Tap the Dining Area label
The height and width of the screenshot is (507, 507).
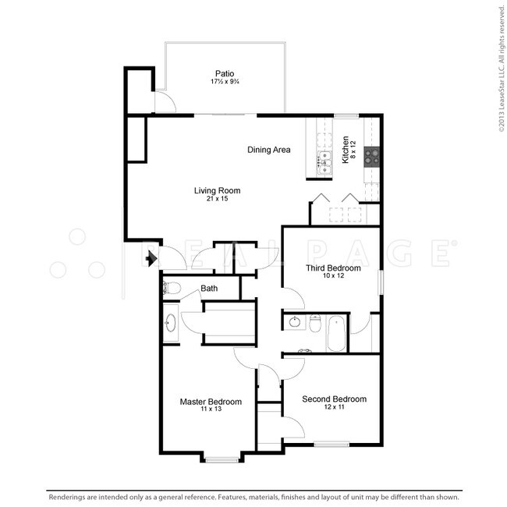pyautogui.click(x=269, y=150)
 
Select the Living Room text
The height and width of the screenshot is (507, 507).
pyautogui.click(x=217, y=190)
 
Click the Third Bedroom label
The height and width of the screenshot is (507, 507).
pyautogui.click(x=333, y=268)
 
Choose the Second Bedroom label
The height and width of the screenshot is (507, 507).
pyautogui.click(x=334, y=399)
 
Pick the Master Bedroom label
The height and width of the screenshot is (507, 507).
pyautogui.click(x=211, y=402)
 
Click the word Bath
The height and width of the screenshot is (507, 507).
pyautogui.click(x=209, y=289)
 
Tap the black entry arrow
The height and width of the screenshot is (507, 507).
pyautogui.click(x=151, y=257)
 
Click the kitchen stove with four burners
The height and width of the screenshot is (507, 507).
pyautogui.click(x=371, y=155)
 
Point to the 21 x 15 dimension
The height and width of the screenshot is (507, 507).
pyautogui.click(x=217, y=199)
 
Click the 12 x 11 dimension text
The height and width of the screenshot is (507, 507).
pyautogui.click(x=334, y=407)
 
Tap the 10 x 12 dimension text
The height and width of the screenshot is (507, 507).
pyautogui.click(x=333, y=276)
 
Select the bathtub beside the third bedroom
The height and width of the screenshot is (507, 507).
pyautogui.click(x=338, y=332)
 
